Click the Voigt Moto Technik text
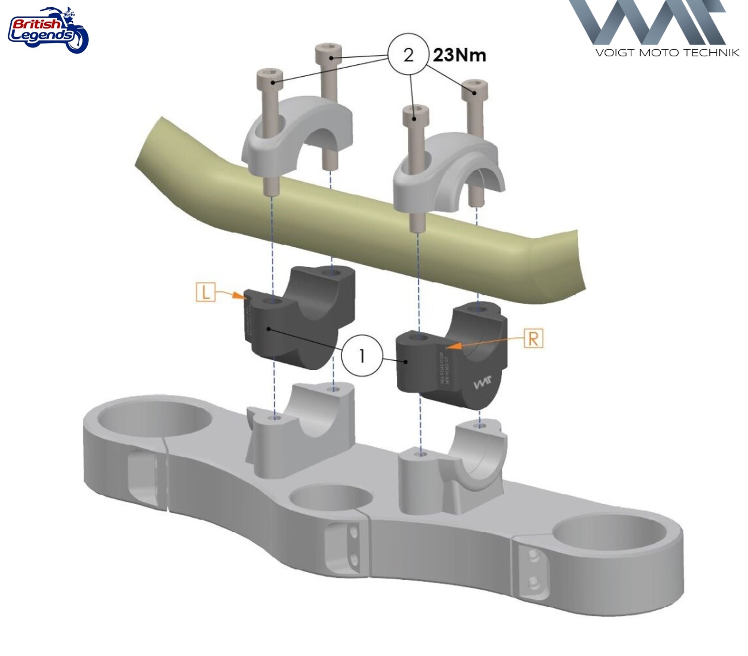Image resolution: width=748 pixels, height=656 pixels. [x=667, y=53]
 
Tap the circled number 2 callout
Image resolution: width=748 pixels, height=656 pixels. [x=408, y=55]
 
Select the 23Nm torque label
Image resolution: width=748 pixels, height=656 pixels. [x=459, y=55]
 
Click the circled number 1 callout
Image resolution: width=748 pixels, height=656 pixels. [x=362, y=356]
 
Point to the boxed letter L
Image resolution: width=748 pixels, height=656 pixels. [x=206, y=292]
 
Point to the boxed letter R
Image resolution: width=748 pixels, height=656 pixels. [x=533, y=339]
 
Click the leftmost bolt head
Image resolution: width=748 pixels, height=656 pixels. [x=270, y=77]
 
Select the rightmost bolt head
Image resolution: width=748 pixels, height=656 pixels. [x=474, y=87]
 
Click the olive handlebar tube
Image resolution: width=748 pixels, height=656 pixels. [x=366, y=227]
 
